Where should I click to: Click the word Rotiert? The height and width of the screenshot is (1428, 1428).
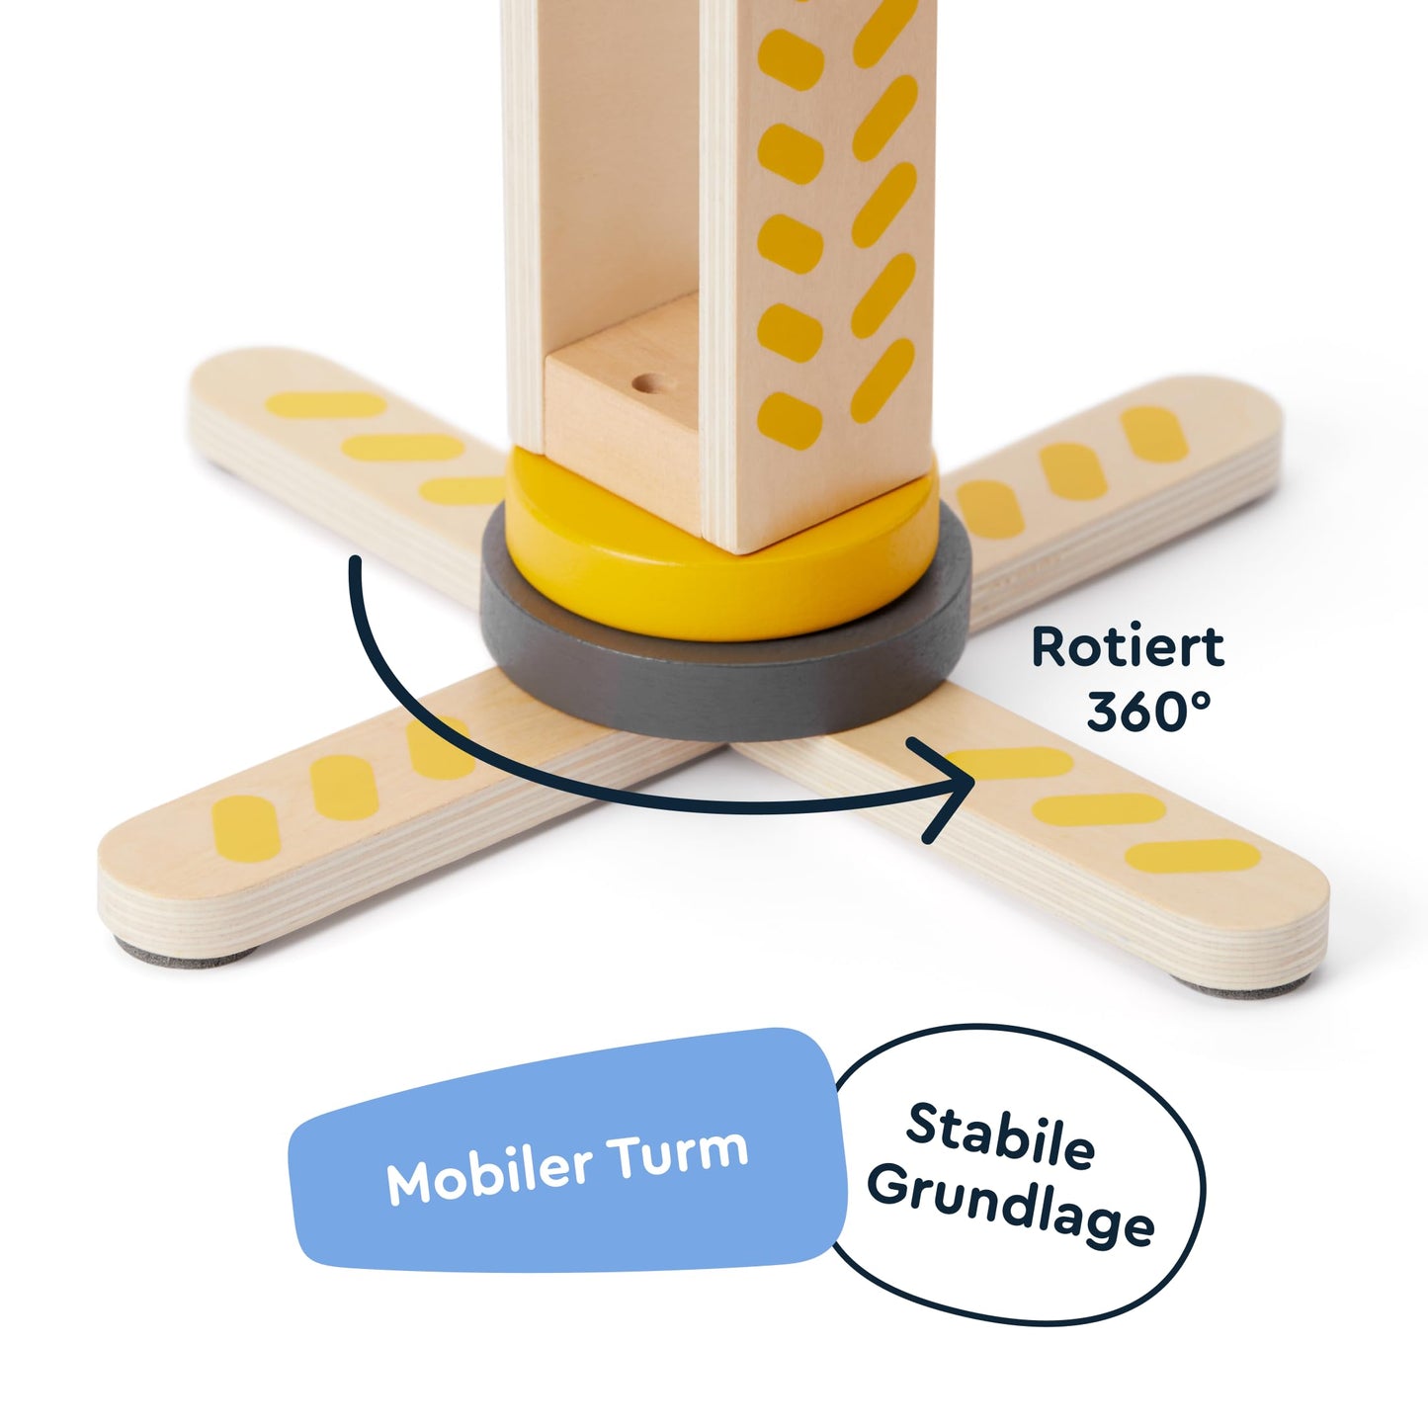(1128, 647)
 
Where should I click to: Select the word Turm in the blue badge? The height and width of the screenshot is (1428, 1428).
(676, 1151)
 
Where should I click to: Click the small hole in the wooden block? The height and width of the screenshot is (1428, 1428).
(647, 383)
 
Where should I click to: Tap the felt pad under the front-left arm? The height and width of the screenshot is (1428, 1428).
(186, 957)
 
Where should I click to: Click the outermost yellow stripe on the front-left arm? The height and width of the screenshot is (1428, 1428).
(245, 828)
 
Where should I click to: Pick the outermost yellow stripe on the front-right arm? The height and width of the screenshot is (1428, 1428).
(1193, 856)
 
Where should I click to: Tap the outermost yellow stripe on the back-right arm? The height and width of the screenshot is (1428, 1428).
(1154, 434)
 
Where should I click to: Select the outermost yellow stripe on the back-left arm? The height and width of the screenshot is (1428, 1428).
(326, 404)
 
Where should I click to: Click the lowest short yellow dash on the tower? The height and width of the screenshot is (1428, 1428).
(790, 421)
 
